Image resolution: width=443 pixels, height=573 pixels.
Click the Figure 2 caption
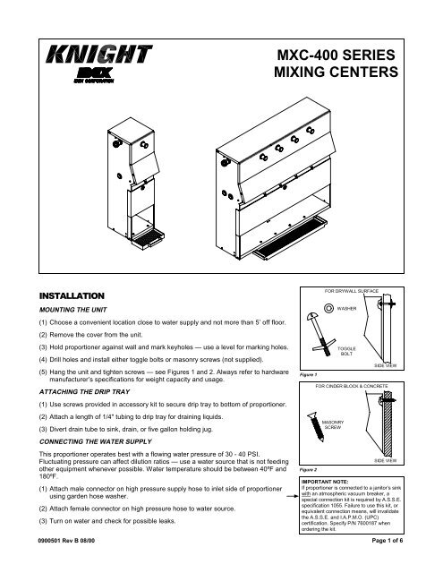pos(314,492)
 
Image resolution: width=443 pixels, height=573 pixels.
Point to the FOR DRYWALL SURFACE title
pos(361,291)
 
